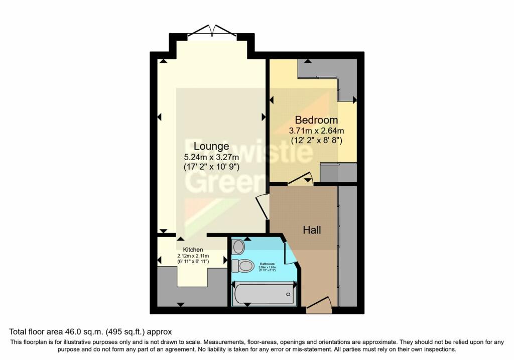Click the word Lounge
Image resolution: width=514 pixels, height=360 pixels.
click(x=211, y=147)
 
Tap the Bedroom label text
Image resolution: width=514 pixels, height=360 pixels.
click(x=316, y=121)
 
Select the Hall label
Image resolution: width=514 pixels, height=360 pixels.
click(x=312, y=230)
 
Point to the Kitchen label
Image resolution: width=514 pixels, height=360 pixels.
click(x=193, y=250)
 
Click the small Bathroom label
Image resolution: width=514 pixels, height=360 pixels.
click(x=267, y=263)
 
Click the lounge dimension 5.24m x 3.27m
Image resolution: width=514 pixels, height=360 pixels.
click(x=211, y=157)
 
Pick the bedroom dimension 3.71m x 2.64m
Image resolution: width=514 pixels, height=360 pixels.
click(x=316, y=131)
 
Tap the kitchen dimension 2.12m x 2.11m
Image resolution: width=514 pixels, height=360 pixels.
click(x=193, y=256)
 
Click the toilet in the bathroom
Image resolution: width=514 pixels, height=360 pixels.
click(x=244, y=265)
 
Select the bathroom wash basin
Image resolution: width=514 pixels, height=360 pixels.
click(x=239, y=247)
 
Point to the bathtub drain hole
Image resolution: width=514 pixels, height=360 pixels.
click(x=288, y=294)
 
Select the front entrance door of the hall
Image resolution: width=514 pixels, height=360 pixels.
click(x=319, y=304)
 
